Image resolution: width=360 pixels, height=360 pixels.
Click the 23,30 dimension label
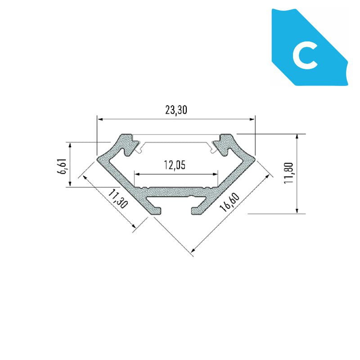[x=176, y=110]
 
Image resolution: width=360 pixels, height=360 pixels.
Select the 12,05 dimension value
[x=175, y=165]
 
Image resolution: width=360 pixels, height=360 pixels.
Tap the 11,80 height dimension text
[x=288, y=173]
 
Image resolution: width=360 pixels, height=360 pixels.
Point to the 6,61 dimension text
[x=62, y=166]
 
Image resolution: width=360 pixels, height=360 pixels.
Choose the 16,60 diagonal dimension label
[x=229, y=202]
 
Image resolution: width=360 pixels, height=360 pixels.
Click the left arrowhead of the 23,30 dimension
[x=100, y=119]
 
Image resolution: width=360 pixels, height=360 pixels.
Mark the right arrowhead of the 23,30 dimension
[x=252, y=119]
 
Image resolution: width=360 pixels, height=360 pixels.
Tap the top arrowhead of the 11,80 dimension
[x=297, y=137]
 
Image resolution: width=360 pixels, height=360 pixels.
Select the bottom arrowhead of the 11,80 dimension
[x=297, y=211]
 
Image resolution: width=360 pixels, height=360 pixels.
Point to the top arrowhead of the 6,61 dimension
[x=70, y=145]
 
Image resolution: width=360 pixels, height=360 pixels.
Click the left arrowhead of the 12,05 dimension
[x=137, y=174]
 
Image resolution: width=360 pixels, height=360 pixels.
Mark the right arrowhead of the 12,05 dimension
[x=215, y=174]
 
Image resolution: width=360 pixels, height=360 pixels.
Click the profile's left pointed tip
[x=98, y=160]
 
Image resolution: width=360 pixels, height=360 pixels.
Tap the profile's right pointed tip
[x=254, y=159]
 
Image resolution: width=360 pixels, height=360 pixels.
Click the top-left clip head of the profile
[x=129, y=144]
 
